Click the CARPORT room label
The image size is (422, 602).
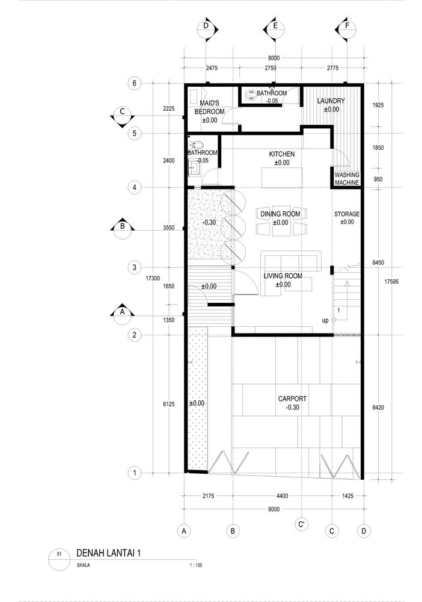tap(292, 399)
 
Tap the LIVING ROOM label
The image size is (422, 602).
tap(283, 276)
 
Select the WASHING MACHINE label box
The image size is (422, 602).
tap(347, 179)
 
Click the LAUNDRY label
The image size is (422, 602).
tap(331, 101)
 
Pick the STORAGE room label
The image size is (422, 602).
tap(347, 214)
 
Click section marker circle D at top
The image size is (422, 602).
tap(206, 28)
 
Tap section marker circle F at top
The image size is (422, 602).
tap(347, 28)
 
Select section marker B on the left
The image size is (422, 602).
tap(122, 229)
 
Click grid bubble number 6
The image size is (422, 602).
tap(134, 83)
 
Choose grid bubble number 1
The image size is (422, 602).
tap(134, 473)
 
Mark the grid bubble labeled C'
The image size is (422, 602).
tap(302, 524)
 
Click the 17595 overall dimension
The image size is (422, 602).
tap(391, 281)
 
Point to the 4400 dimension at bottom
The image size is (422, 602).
tap(282, 496)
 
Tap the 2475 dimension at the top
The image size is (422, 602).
tap(212, 68)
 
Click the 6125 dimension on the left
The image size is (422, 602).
tap(169, 404)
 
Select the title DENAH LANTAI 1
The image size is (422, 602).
tap(108, 553)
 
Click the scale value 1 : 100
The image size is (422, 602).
tap(196, 565)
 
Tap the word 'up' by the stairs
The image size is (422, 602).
tap(325, 321)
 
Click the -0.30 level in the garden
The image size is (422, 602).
tap(209, 222)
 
